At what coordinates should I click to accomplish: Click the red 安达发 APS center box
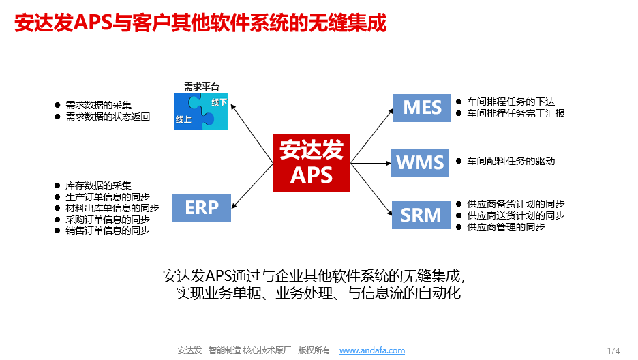tap(311, 162)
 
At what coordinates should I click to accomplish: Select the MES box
tap(422, 108)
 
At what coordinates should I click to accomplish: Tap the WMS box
tap(420, 163)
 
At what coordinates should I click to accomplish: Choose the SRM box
tap(421, 215)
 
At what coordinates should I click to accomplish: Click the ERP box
tap(201, 207)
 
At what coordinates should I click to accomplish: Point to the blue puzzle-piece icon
tap(202, 111)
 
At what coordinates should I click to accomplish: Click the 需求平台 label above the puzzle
tap(202, 87)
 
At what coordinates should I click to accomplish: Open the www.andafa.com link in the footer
tap(371, 350)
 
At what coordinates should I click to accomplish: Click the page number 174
tap(613, 350)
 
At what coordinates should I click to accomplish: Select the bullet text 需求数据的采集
tap(98, 105)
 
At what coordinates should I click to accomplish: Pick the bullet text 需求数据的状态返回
tap(108, 117)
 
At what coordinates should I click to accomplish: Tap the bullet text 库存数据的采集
tap(98, 185)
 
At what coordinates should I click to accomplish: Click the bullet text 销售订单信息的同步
tap(108, 230)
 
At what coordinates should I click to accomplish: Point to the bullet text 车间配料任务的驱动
tap(511, 162)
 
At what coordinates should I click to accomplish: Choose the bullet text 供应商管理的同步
tap(506, 227)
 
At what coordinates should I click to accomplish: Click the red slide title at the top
tap(200, 24)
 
